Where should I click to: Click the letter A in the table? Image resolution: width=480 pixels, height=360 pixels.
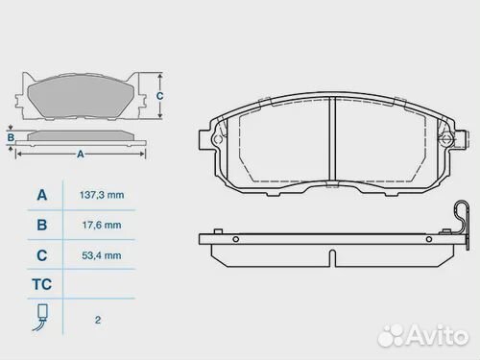(41, 195)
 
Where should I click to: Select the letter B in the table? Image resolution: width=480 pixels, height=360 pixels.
(41, 226)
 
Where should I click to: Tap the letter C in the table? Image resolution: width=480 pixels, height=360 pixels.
(41, 255)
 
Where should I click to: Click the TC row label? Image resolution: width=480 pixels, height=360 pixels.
(41, 285)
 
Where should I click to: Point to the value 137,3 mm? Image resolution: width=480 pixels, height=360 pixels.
(101, 195)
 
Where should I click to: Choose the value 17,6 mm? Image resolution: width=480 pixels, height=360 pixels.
(101, 226)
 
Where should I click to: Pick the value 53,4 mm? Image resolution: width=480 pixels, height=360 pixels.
(101, 255)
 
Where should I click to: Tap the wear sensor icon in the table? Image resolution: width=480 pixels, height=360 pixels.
(41, 316)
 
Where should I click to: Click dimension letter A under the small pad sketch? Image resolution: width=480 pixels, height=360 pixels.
(80, 154)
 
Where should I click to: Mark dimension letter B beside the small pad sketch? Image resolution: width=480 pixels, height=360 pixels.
(11, 137)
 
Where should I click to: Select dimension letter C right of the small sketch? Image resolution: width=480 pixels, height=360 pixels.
(160, 96)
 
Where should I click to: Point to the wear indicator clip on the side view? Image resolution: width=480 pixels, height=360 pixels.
(464, 221)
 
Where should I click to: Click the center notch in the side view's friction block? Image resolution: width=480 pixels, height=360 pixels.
(331, 257)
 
